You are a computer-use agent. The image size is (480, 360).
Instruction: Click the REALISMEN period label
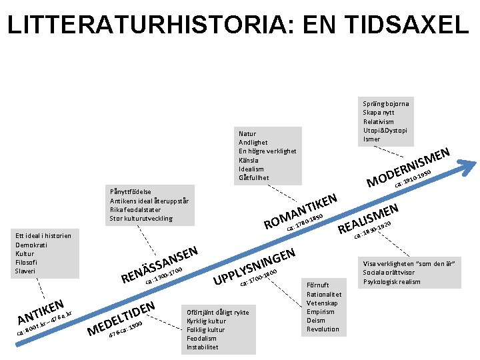(368, 219)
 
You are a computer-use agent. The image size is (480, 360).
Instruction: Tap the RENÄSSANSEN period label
(159, 263)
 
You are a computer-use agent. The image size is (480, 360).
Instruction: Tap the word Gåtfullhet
(254, 178)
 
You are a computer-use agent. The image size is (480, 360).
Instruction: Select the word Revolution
(323, 329)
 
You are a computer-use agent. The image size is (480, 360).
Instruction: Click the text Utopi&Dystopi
(385, 130)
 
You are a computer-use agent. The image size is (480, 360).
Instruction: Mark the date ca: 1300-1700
(163, 275)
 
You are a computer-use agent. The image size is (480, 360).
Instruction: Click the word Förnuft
(318, 285)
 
